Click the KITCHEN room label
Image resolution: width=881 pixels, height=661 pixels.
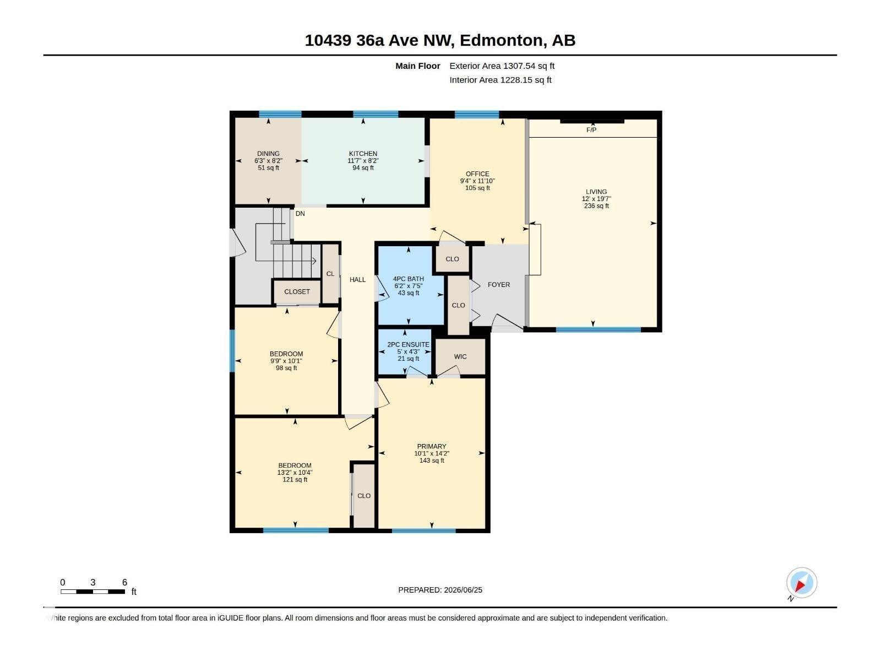click(363, 154)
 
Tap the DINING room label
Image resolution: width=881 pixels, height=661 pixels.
click(268, 154)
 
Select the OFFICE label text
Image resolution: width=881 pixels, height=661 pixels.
click(477, 174)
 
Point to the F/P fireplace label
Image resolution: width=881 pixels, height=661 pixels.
click(591, 130)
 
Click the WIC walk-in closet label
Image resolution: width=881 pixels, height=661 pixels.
click(460, 357)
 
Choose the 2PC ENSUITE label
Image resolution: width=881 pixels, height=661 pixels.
click(408, 345)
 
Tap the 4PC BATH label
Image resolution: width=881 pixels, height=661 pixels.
click(408, 279)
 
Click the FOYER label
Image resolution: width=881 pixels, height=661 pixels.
click(498, 285)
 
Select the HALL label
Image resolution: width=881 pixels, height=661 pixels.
click(357, 280)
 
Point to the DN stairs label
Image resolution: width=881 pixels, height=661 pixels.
click(300, 214)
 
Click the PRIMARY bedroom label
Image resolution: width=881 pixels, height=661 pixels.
click(432, 446)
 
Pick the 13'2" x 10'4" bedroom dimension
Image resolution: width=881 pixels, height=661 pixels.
click(295, 473)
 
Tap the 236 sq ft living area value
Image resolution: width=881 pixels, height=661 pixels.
click(596, 206)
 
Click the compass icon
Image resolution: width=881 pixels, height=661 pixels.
click(801, 583)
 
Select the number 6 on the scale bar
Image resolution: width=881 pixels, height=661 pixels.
click(124, 582)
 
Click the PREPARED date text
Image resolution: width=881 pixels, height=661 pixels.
click(440, 590)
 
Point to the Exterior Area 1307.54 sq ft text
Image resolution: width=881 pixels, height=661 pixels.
click(502, 66)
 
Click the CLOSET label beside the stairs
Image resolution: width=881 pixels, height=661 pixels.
click(297, 292)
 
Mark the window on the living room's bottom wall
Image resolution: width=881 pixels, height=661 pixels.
click(598, 330)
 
